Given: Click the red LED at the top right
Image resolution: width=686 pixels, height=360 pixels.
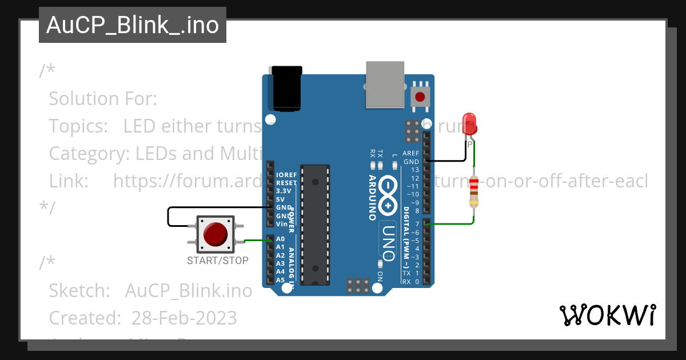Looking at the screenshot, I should click(x=469, y=124).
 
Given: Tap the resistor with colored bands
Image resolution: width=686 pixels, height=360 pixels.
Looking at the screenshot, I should click(x=473, y=192).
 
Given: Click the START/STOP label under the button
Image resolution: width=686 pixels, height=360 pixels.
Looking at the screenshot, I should click(x=218, y=261).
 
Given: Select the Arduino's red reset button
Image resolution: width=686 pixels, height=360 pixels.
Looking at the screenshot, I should click(x=421, y=96).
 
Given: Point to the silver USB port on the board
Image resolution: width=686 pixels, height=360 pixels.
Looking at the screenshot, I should click(x=385, y=85).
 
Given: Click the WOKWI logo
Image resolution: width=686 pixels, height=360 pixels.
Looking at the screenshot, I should click(x=607, y=315).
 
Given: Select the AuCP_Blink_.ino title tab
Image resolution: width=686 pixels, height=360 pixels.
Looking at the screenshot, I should click(x=133, y=25).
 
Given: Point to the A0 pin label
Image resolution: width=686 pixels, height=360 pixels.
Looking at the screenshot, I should click(x=280, y=239).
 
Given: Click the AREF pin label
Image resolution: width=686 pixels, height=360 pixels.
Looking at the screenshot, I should click(x=411, y=153).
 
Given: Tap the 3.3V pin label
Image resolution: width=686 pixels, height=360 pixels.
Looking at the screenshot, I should click(x=284, y=191).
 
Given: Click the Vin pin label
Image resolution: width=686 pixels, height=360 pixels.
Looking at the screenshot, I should click(x=282, y=224).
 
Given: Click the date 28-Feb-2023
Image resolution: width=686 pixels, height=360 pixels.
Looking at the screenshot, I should click(x=184, y=317).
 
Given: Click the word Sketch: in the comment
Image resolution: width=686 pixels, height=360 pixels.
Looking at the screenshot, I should click(x=79, y=290).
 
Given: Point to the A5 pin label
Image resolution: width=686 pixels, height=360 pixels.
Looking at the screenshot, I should click(x=280, y=280).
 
